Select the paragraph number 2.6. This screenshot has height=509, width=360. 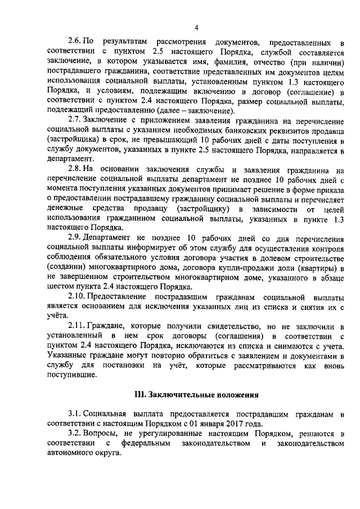click(75, 42)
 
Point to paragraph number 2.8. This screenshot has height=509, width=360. click(75, 169)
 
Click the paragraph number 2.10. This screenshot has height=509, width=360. click(76, 296)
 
